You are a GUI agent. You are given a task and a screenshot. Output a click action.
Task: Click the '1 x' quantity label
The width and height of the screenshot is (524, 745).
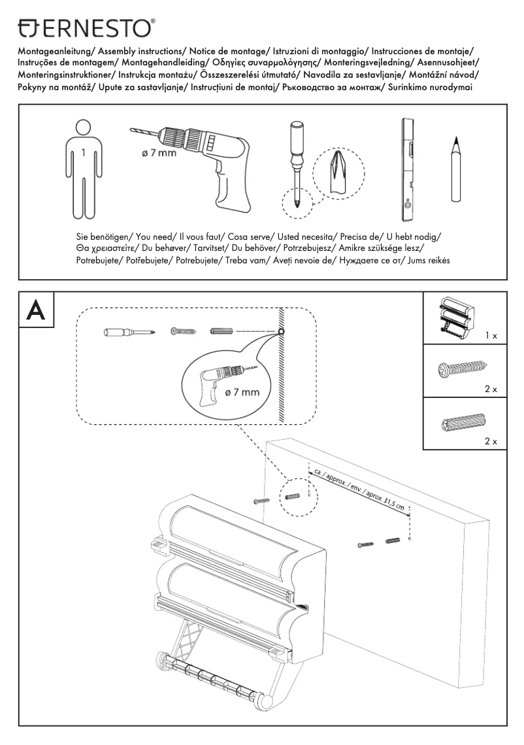click(x=491, y=335)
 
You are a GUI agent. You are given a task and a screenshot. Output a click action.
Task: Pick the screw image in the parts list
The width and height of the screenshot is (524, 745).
click(x=462, y=370)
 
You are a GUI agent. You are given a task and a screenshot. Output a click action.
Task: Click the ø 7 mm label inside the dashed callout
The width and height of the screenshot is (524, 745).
click(x=242, y=393)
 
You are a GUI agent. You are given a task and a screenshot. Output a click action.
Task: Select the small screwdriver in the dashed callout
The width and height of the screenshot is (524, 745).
click(x=128, y=333)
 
